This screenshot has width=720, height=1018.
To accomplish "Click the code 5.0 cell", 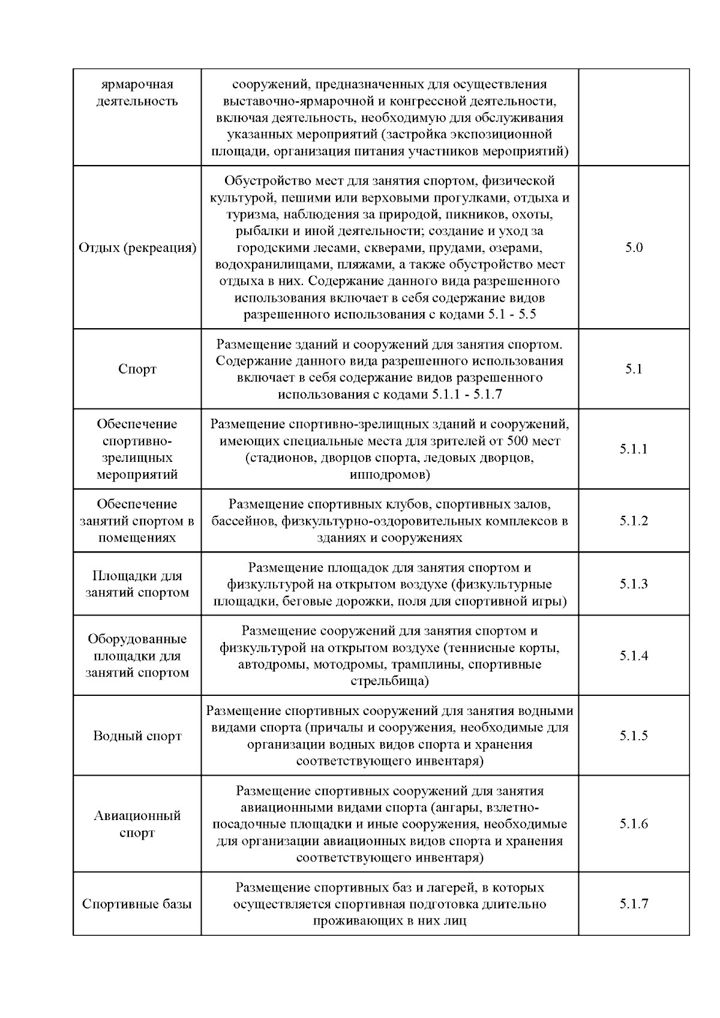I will (x=634, y=248).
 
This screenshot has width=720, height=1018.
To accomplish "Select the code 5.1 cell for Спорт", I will (x=634, y=369).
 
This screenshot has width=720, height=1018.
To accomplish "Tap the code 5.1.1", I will (x=634, y=449).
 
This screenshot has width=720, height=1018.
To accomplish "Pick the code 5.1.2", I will (x=634, y=521).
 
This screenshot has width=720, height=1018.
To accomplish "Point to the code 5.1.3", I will (x=634, y=584).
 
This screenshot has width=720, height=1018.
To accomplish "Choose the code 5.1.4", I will (x=634, y=656).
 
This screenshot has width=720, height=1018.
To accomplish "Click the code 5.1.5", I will (x=634, y=735).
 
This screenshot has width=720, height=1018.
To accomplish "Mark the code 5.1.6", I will (x=634, y=824).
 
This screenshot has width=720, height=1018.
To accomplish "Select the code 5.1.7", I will (x=634, y=904).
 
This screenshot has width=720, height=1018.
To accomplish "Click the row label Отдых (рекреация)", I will (x=137, y=248).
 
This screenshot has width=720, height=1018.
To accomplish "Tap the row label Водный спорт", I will (x=137, y=736).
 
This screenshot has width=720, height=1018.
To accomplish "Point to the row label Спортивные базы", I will (x=137, y=904).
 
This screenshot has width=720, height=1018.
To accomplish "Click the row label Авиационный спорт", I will (x=137, y=824).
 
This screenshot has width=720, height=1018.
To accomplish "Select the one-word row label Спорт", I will (x=137, y=369).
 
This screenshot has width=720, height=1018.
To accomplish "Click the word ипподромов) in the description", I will (x=389, y=475).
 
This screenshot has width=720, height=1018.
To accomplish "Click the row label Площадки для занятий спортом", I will (x=137, y=584).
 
